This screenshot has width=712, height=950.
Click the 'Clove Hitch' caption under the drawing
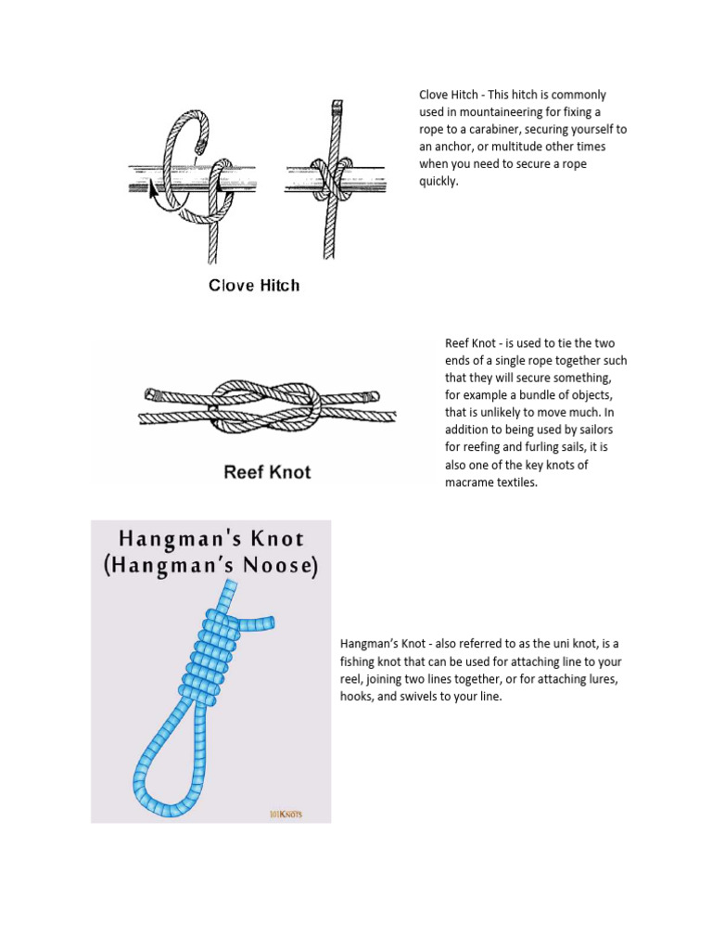[x=253, y=286]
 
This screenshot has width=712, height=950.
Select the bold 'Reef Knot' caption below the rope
[x=267, y=472]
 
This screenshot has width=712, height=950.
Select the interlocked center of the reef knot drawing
[x=264, y=404]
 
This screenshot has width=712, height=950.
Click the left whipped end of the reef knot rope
[x=150, y=393]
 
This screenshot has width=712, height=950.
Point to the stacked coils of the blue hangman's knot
[x=211, y=658]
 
